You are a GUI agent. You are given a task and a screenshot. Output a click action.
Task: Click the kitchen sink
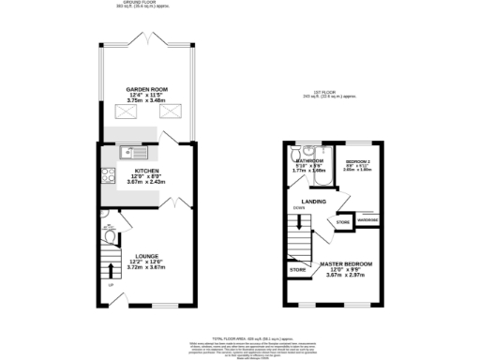click(x=130, y=151)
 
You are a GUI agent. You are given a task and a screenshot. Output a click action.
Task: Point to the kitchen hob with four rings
click(x=109, y=173)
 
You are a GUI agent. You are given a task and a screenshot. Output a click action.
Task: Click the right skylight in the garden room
click(x=172, y=112)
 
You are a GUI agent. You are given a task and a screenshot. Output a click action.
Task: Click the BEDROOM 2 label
click(x=357, y=160)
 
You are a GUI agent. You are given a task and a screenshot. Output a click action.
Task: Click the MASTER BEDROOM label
click(x=347, y=264)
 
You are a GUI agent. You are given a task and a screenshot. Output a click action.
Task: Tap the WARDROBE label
click(x=368, y=220)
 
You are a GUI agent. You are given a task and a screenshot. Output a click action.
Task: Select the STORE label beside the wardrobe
click(x=343, y=222)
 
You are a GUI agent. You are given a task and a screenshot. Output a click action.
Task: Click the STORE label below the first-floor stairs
click(x=298, y=270)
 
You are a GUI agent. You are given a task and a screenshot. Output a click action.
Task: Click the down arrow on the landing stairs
click(x=299, y=223)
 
